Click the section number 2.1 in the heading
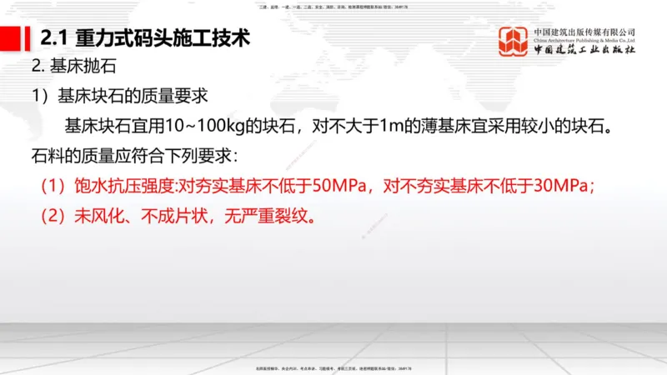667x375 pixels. tap(54, 38)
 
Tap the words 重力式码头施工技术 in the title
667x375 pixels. tap(162, 38)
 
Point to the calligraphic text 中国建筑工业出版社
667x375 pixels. tap(584, 50)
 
